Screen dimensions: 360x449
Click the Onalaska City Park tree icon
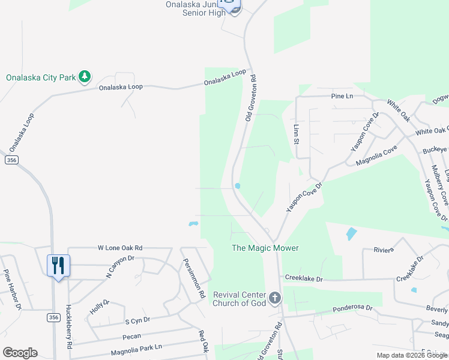(x=85, y=76)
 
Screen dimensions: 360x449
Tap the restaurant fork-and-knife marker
(x=58, y=265)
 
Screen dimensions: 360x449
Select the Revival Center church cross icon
(x=275, y=298)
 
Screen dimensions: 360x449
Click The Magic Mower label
(x=265, y=248)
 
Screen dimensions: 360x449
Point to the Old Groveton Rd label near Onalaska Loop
(x=252, y=98)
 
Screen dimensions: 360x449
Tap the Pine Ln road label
(x=342, y=96)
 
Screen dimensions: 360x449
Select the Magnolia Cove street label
(x=377, y=158)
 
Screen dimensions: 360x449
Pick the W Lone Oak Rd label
(x=120, y=247)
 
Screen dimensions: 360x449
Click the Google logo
(x=20, y=353)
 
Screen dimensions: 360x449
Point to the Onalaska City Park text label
(x=41, y=77)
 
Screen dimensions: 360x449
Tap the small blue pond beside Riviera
(x=351, y=233)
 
